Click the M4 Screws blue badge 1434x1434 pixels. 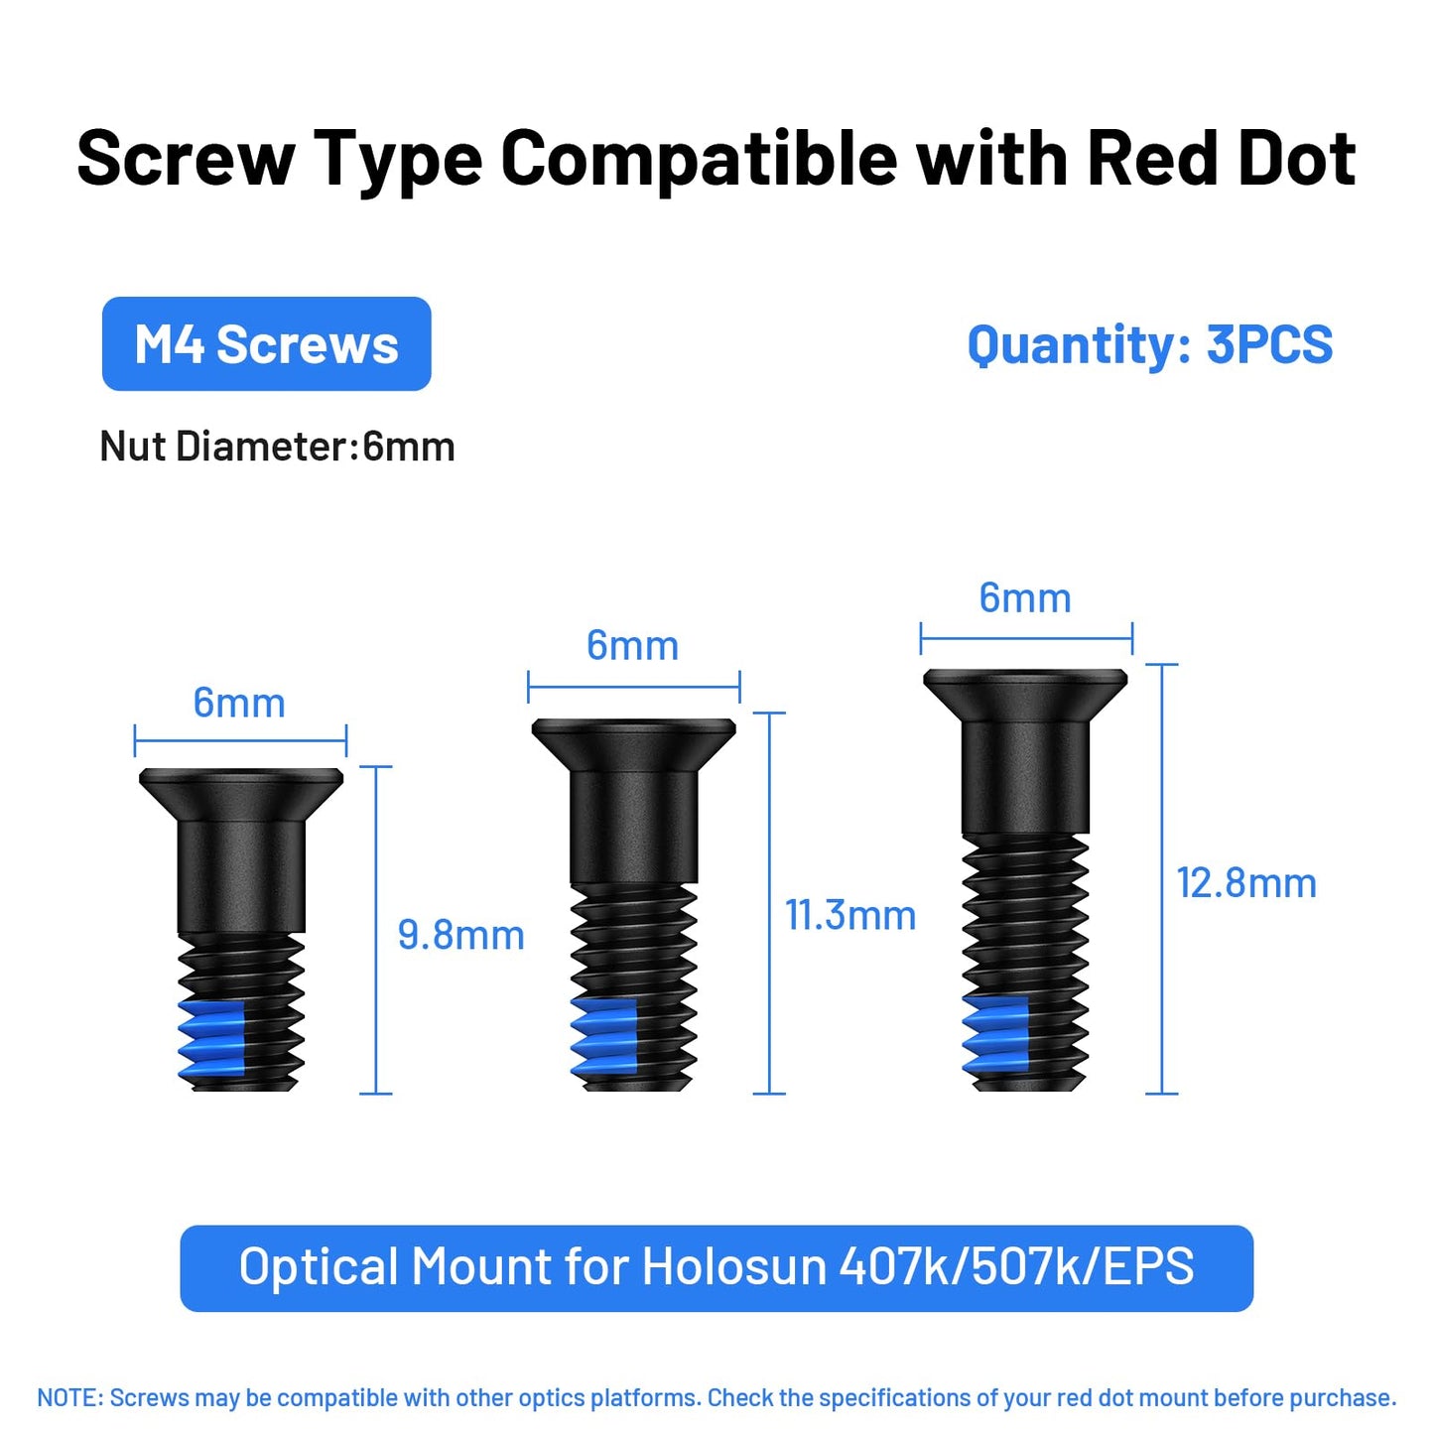tap(266, 344)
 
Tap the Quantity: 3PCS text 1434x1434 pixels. tap(1149, 345)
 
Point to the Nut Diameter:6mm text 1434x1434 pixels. tap(277, 447)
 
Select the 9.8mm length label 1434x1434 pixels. tap(460, 935)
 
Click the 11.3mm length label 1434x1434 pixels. tap(850, 915)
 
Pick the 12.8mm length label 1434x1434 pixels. tap(1245, 883)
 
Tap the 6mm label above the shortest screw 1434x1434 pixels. tap(239, 704)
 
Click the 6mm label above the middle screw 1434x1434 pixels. tap(632, 646)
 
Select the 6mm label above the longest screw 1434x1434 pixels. tap(1025, 598)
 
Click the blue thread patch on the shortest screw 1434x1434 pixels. tap(212, 1038)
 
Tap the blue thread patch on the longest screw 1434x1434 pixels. tap(995, 1037)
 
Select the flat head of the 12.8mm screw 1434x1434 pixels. tap(1025, 693)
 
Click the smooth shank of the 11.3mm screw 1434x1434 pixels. tap(634, 829)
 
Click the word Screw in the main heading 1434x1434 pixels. tap(186, 159)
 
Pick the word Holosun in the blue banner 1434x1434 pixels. tap(733, 1267)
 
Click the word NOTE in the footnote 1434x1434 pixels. tap(68, 1398)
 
